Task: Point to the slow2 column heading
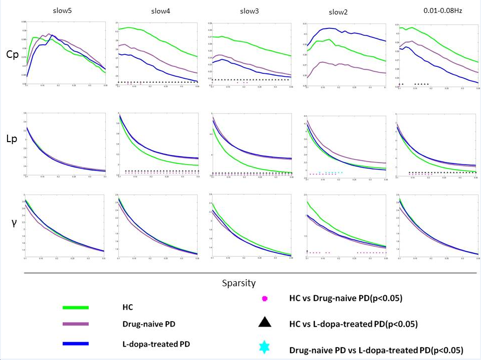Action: (x=339, y=12)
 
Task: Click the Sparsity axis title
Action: (x=239, y=283)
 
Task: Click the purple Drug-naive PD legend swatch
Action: (x=75, y=325)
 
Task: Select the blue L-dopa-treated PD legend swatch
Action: (x=75, y=344)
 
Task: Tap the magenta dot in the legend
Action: (x=265, y=298)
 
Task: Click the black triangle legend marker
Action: (x=265, y=323)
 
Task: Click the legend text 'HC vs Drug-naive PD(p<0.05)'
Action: (x=346, y=298)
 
